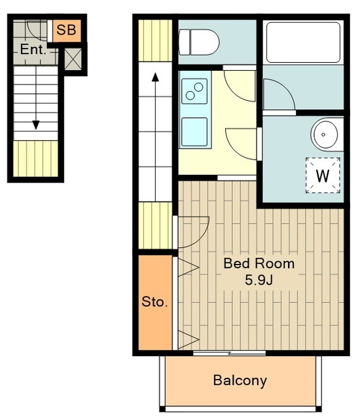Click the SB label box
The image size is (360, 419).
coord(67,31)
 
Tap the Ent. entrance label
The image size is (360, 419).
coord(33,50)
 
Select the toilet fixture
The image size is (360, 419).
coord(199,42)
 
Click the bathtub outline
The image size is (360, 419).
coord(304,43)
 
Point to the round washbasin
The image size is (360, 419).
coord(325,134)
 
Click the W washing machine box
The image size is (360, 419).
coord(323,175)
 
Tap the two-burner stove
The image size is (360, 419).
coord(194,91)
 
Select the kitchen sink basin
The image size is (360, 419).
coord(194,132)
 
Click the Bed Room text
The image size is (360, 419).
coord(259,263)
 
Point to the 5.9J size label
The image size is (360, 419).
coord(259,280)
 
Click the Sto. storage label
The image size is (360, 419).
coord(154,302)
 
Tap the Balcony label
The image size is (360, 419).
coord(240,380)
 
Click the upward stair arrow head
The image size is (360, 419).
coord(155,77)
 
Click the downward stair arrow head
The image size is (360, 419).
coord(36,125)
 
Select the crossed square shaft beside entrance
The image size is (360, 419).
coord(73,60)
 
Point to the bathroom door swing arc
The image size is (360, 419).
coord(286,88)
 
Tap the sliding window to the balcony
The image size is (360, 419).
coord(229,354)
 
